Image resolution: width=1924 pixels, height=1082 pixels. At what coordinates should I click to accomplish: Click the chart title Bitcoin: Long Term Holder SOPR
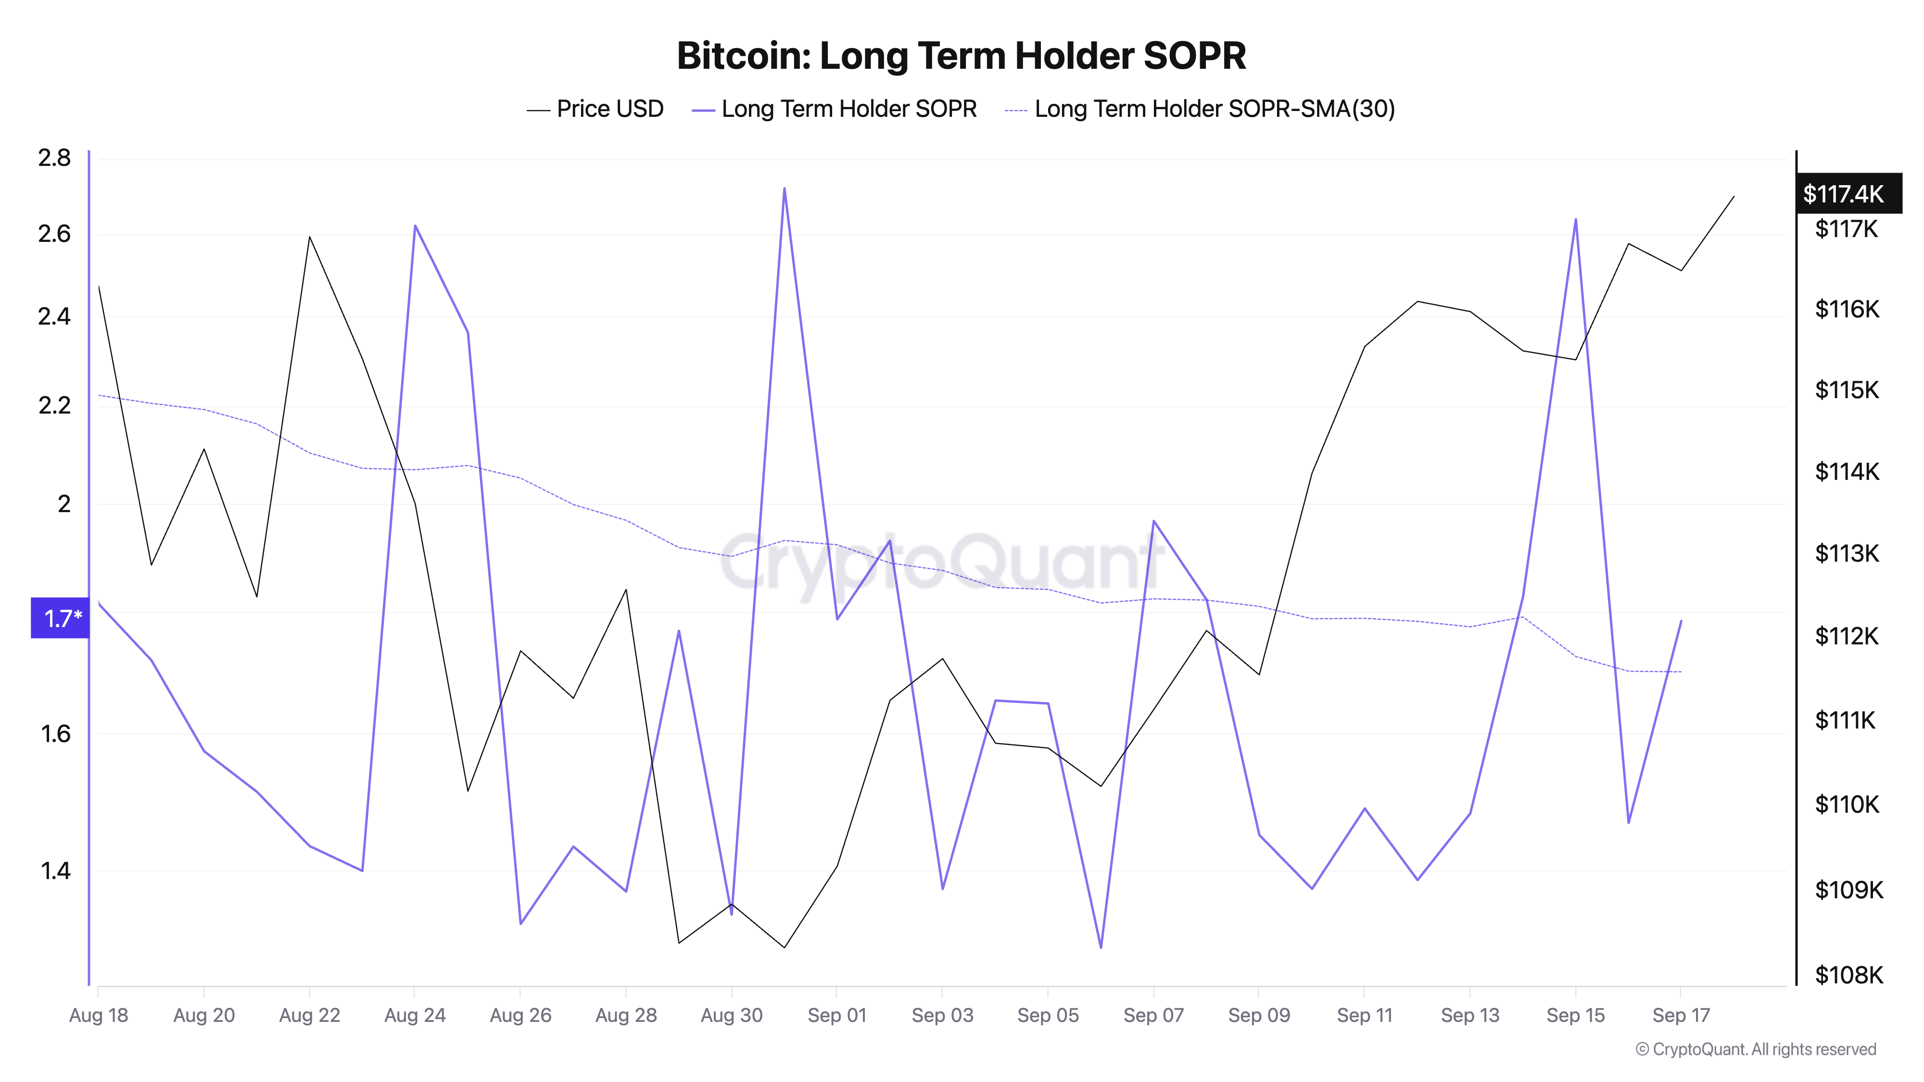click(961, 56)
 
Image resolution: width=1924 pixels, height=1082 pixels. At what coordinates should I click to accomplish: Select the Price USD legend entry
click(595, 109)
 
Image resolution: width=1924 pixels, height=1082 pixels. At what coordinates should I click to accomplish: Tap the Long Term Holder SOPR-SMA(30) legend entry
click(1200, 109)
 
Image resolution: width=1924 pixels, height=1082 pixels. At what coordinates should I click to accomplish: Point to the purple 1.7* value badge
click(61, 618)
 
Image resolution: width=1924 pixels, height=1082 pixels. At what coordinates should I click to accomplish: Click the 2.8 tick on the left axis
click(54, 158)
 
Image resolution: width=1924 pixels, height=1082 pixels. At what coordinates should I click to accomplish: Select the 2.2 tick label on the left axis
click(54, 405)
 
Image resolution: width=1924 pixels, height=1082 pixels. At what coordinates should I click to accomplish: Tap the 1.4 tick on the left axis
click(54, 871)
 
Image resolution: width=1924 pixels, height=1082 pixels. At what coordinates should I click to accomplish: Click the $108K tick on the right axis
click(1848, 974)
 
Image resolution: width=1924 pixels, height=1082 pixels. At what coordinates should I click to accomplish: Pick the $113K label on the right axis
click(1847, 554)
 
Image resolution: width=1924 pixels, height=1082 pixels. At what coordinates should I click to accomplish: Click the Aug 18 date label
click(99, 1016)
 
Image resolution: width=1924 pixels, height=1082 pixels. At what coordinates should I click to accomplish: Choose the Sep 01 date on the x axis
click(836, 1016)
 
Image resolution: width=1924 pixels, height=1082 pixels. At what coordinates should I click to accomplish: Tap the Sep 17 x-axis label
click(1681, 1016)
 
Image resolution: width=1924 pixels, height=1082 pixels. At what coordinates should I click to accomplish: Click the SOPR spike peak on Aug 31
click(784, 189)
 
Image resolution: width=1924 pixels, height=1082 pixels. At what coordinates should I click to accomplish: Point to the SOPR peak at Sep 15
click(1575, 220)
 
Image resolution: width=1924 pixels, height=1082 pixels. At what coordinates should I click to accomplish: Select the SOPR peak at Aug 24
click(415, 226)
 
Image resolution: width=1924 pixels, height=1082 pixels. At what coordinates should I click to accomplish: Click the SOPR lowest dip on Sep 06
click(1101, 947)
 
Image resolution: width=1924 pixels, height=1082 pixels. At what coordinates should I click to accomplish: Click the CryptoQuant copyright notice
click(1755, 1049)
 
